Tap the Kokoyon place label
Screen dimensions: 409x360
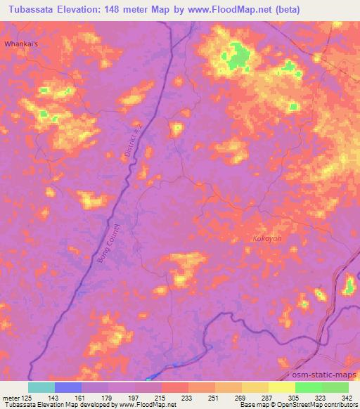267,239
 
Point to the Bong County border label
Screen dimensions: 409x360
109,242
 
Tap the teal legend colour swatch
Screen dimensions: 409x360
41,387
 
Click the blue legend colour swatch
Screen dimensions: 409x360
67,387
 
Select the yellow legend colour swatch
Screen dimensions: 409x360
281,387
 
